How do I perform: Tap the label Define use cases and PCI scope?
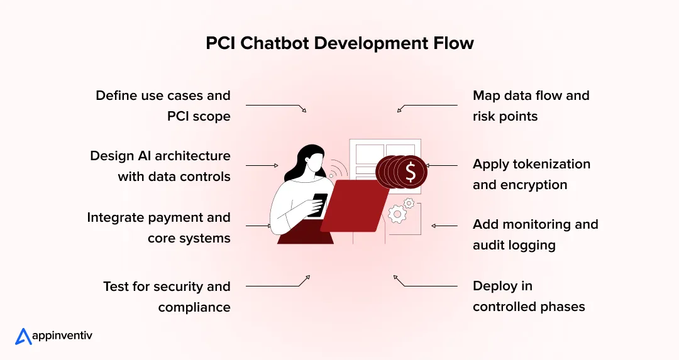pos(163,106)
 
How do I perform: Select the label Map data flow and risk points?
pos(531,106)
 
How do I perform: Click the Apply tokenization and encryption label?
pos(531,174)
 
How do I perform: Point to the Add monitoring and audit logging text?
pos(535,234)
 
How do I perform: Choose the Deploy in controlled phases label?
pos(529,296)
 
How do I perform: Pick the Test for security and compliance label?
pos(167,296)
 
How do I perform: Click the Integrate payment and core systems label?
pos(158,227)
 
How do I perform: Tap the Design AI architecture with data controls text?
pos(160,165)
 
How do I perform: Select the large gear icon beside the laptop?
pos(397,214)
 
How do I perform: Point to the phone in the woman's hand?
pos(319,203)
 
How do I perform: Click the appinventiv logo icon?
pos(23,336)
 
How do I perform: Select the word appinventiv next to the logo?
pos(63,336)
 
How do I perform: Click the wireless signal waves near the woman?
pos(339,170)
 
